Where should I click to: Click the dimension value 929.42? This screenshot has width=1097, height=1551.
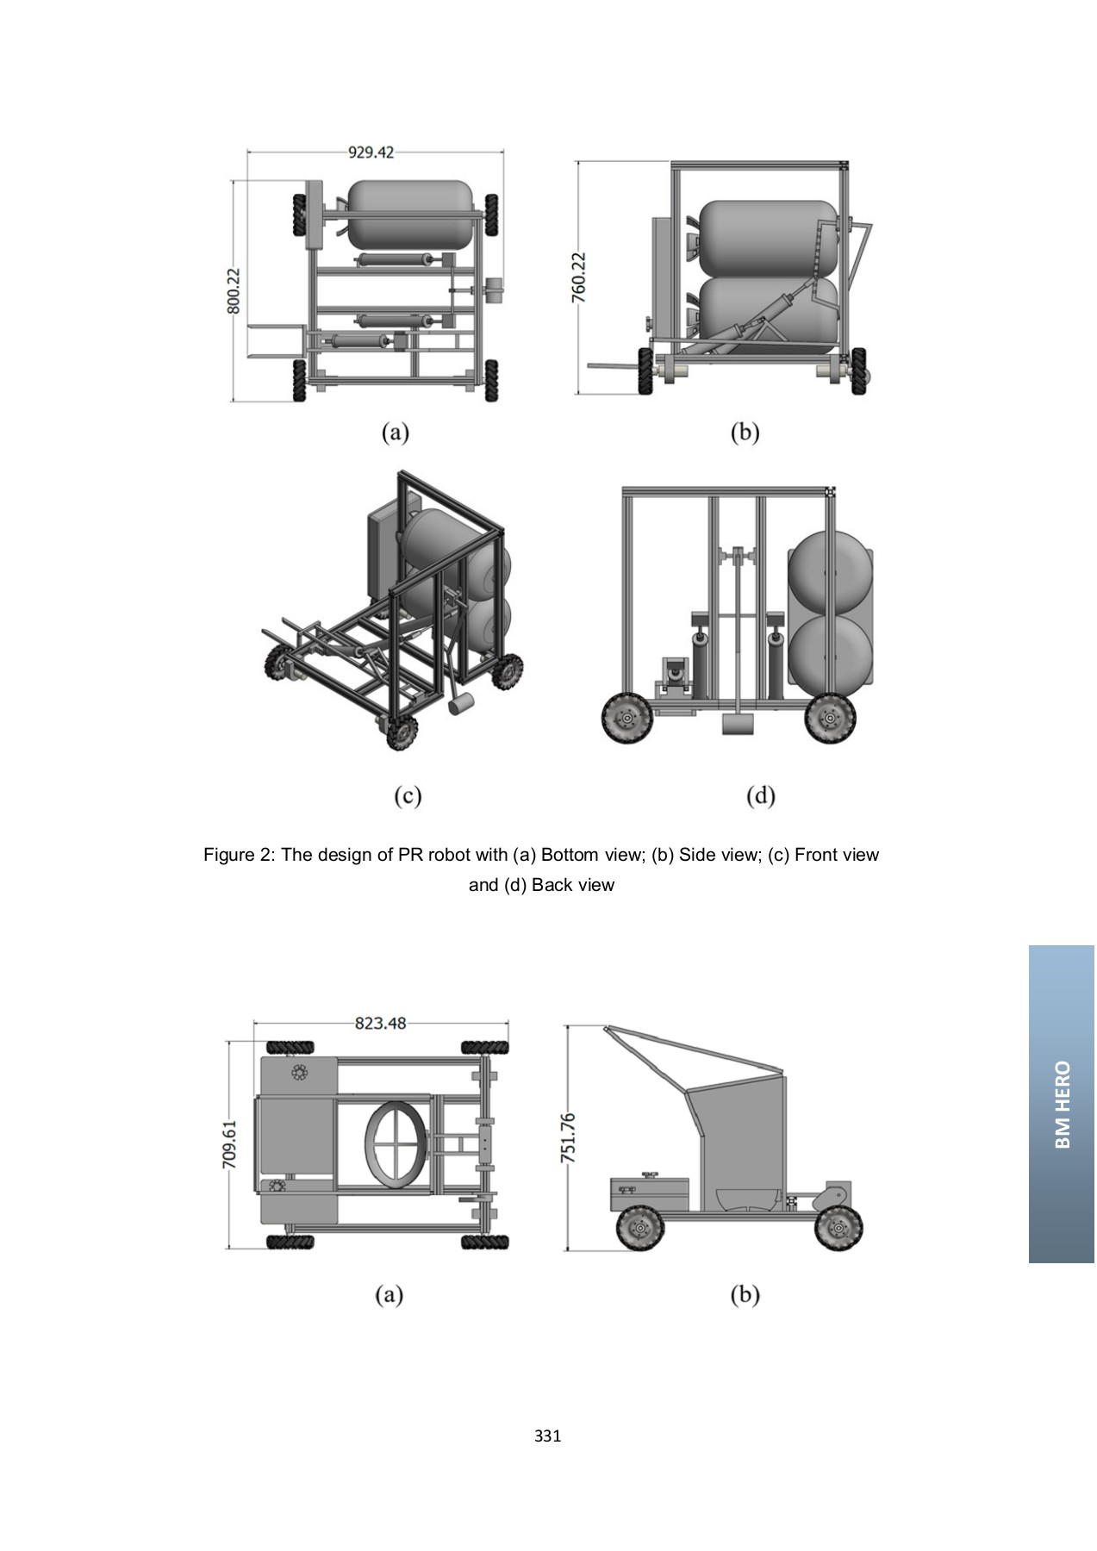click(x=371, y=153)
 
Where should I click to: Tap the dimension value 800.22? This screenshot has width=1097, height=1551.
click(x=233, y=290)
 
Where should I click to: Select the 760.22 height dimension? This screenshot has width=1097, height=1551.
click(x=578, y=277)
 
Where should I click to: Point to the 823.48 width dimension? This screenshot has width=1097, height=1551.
click(x=380, y=1023)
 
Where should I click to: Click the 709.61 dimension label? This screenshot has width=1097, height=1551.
click(x=230, y=1143)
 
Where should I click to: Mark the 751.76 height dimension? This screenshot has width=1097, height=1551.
click(x=567, y=1137)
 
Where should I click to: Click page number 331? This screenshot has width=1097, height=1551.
click(x=547, y=1436)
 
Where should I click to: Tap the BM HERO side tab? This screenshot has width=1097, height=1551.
click(x=1062, y=1104)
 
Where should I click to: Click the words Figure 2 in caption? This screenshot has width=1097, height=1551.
click(x=238, y=855)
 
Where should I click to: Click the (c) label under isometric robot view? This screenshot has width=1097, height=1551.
click(x=408, y=795)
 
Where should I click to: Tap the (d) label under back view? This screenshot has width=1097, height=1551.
click(x=760, y=795)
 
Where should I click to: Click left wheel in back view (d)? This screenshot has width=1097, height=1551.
click(x=626, y=718)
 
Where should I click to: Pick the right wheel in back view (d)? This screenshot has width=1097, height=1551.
click(x=830, y=718)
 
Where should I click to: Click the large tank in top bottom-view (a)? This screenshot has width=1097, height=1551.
click(x=411, y=211)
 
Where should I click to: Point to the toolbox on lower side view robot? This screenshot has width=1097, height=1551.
click(x=649, y=1193)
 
